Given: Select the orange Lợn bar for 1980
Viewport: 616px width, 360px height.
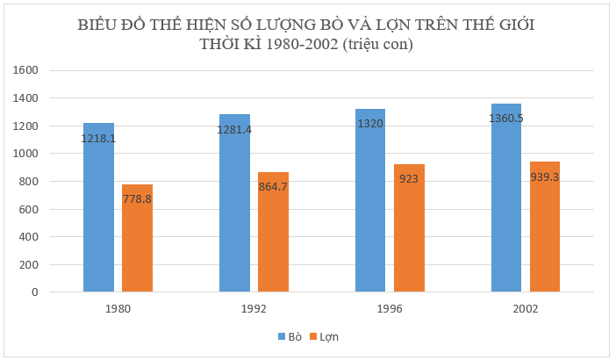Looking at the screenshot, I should (137, 241).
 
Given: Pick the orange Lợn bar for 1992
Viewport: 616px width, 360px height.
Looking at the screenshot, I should (273, 237).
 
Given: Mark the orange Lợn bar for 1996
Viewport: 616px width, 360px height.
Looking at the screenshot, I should (409, 233).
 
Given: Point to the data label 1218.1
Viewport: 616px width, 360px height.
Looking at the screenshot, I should (98, 139).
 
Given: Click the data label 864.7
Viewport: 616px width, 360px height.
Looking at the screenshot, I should (273, 187).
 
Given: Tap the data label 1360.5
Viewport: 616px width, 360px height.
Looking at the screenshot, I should (506, 119).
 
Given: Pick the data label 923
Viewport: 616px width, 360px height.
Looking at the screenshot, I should (409, 178).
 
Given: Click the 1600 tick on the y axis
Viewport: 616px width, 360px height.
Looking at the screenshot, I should (27, 70).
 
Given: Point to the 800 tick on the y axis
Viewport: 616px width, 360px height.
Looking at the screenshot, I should (31, 181).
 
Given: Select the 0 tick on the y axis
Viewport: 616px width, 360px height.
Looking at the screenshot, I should (36, 292).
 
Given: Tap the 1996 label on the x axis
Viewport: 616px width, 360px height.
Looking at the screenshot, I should (390, 309).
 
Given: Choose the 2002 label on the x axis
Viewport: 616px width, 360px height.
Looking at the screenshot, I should (526, 309).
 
